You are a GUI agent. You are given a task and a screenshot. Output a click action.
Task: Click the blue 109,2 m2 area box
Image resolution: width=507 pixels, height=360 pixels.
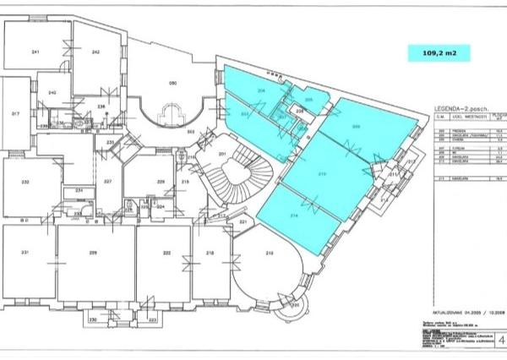click(x=434, y=52)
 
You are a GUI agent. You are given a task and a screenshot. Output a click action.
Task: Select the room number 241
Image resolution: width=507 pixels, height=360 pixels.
click(x=35, y=52)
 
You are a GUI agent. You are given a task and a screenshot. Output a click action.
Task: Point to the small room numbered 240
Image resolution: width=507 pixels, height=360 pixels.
click(x=52, y=92)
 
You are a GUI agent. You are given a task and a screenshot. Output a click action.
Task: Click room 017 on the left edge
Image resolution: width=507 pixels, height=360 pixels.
click(x=14, y=113)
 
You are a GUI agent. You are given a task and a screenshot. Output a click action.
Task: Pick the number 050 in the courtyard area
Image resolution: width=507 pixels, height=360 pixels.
click(x=173, y=83)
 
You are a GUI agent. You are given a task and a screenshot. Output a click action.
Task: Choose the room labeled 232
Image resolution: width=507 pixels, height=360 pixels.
click(x=25, y=182)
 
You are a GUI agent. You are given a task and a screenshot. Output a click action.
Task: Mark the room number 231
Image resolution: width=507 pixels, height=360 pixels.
click(x=25, y=253)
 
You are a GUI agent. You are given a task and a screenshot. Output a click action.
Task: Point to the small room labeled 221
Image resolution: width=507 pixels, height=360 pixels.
click(x=243, y=222)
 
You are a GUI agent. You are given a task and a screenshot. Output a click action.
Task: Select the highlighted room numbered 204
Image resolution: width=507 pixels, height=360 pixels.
click(x=262, y=90)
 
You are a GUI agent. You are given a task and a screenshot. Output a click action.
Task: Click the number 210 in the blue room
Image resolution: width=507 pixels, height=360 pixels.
click(x=322, y=173)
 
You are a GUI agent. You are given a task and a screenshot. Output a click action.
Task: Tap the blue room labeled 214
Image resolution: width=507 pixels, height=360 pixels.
click(x=294, y=216)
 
